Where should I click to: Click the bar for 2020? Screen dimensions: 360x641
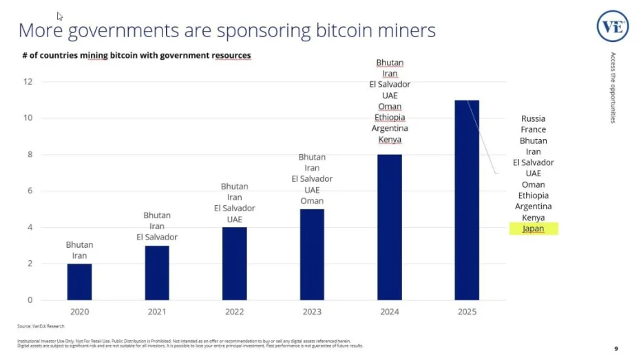click(79, 282)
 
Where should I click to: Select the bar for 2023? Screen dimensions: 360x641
click(312, 255)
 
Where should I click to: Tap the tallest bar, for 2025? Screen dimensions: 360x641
click(467, 200)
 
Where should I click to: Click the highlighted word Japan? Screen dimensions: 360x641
click(533, 229)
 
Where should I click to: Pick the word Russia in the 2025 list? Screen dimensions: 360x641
click(533, 118)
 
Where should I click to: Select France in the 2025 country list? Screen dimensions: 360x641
click(533, 129)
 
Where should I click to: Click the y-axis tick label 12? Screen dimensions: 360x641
click(28, 82)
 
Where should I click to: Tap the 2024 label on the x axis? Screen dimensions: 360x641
click(389, 312)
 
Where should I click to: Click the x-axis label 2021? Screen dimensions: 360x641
click(157, 312)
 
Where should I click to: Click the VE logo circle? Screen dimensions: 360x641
click(612, 27)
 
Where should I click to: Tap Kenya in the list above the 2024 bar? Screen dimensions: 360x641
click(390, 140)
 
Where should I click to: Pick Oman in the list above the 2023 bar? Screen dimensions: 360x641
click(312, 201)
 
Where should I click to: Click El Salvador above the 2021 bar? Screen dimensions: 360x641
click(157, 237)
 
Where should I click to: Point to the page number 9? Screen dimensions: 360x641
click(616, 348)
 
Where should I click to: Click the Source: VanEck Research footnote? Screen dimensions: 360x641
click(41, 326)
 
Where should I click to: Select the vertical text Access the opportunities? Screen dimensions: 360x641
click(613, 87)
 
